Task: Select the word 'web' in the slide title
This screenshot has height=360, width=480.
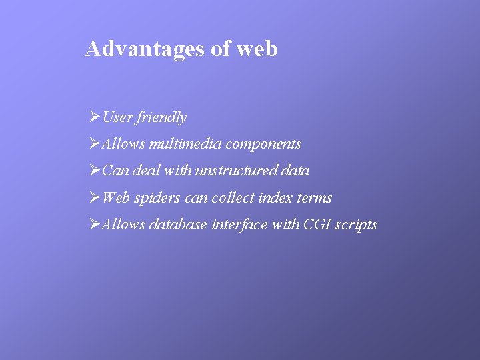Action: [x=257, y=49]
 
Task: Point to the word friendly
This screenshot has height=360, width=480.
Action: [x=162, y=118]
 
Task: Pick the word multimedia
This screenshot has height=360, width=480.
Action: [x=186, y=144]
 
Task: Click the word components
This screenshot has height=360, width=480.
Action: [x=264, y=145]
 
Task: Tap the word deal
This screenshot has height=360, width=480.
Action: [x=147, y=171]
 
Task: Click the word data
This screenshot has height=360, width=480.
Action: [x=295, y=171]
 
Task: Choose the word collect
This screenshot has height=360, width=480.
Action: [x=233, y=198]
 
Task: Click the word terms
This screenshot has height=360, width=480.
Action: [x=314, y=198]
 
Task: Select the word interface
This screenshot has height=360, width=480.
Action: [x=240, y=225]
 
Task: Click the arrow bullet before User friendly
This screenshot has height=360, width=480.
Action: [x=94, y=117]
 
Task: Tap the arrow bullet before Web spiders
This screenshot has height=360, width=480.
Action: [x=94, y=197]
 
